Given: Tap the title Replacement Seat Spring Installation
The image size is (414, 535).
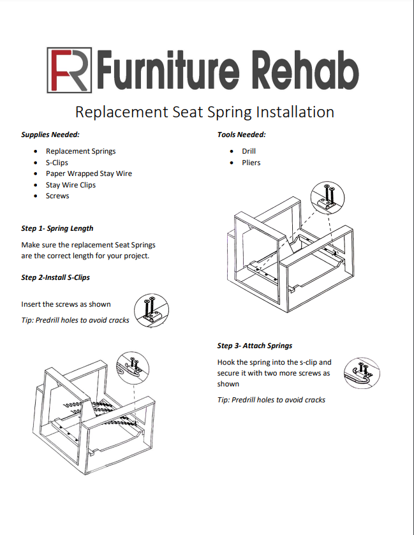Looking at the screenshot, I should [204, 112].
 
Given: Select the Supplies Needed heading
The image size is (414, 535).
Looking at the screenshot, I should [50, 135].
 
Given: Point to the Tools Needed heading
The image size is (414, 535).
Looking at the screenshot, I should [241, 135].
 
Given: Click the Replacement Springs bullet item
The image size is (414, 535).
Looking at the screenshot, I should [80, 151].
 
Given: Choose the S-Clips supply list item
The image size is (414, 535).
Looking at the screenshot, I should [57, 163].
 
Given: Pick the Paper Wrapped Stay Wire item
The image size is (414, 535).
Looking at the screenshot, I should [89, 173].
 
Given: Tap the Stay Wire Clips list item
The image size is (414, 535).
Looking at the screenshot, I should [70, 185].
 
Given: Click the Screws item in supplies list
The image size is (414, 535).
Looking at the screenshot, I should [57, 196].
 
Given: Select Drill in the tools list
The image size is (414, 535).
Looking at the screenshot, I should [249, 151].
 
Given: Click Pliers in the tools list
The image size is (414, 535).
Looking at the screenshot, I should [251, 163].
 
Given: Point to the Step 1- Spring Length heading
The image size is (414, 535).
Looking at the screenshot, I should [57, 228].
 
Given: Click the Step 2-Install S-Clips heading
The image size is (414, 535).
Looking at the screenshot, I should [55, 277].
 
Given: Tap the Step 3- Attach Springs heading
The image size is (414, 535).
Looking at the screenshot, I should [255, 346].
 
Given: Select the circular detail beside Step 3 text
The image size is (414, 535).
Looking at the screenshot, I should [361, 371].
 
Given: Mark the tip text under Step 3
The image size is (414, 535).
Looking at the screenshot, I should [271, 400].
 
